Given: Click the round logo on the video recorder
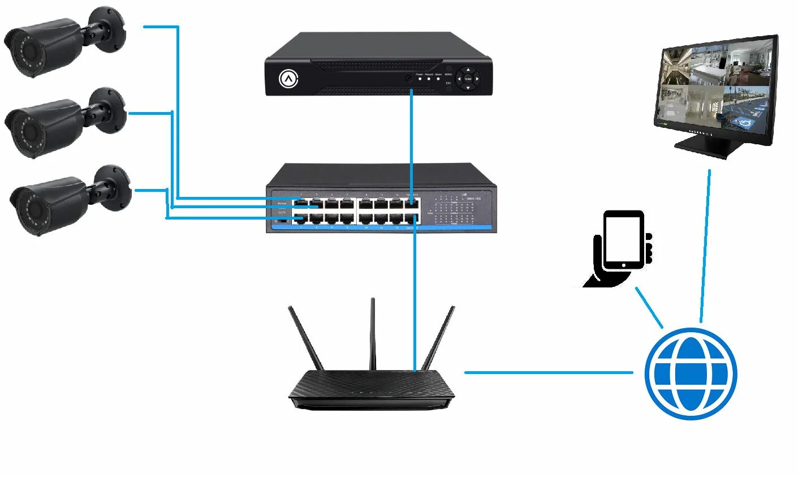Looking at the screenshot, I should [288, 79].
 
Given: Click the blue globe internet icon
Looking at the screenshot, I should [691, 373].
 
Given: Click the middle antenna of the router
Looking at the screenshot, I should [373, 334].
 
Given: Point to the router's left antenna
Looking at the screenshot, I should [305, 337].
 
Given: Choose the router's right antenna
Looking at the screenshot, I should [439, 337].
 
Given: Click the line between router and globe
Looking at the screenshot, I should [549, 372].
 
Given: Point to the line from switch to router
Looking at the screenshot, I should [415, 294].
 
